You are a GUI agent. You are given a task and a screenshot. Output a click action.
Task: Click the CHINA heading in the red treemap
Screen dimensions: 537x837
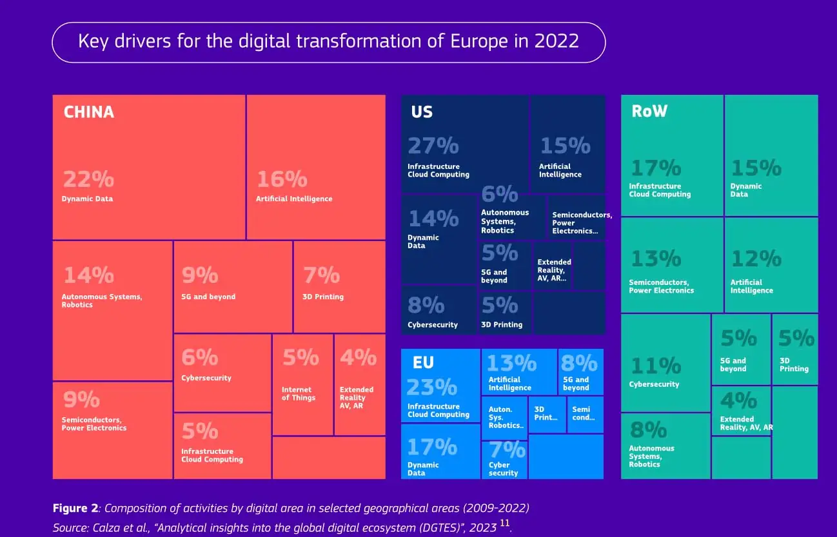tap(88, 112)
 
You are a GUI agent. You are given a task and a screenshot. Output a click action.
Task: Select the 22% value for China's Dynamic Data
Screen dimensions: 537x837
tap(88, 179)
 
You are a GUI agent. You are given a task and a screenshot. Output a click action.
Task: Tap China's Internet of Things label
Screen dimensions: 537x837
tap(299, 394)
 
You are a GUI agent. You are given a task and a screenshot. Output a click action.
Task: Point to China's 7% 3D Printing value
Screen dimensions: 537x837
tap(321, 275)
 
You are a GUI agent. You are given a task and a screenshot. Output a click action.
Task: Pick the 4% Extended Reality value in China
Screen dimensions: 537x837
tap(358, 356)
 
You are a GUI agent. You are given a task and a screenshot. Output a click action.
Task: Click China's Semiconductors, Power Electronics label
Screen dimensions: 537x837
tap(94, 424)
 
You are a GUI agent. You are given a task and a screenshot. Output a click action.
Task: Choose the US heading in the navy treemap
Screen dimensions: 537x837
tap(421, 112)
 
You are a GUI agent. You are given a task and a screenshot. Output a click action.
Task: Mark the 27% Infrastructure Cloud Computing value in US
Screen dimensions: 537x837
tap(433, 146)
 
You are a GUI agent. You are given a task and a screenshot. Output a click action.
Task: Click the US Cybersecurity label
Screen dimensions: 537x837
tap(433, 325)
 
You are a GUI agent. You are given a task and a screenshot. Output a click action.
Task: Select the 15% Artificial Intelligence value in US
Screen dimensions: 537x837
tap(565, 146)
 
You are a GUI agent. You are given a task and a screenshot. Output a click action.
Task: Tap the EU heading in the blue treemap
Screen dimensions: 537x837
tap(423, 363)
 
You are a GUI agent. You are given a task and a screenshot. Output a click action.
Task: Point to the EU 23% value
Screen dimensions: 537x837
tap(431, 387)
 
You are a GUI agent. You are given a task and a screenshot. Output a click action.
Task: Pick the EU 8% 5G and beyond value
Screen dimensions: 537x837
tap(578, 363)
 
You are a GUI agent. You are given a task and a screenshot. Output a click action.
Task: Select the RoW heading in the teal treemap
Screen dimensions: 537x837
tap(649, 112)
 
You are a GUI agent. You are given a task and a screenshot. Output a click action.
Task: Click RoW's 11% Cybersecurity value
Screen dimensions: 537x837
tap(655, 366)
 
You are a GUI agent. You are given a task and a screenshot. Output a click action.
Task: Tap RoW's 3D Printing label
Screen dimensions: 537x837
tap(794, 365)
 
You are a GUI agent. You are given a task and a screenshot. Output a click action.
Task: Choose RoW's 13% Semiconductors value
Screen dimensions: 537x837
tap(655, 259)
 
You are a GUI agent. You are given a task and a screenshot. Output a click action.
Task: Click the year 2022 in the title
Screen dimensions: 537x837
tap(556, 41)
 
